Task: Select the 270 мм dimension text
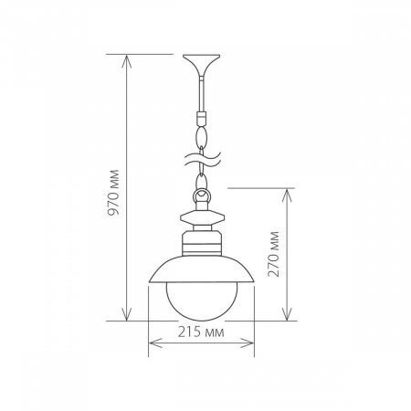pyautogui.click(x=275, y=258)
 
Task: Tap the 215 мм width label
pyautogui.click(x=201, y=332)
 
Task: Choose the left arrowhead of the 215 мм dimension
pyautogui.click(x=152, y=344)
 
